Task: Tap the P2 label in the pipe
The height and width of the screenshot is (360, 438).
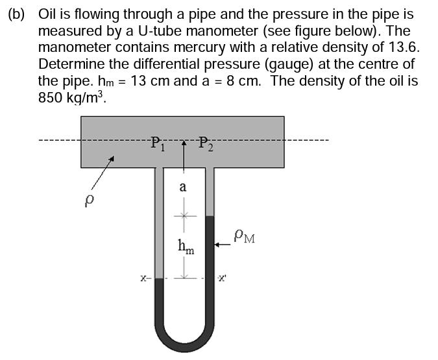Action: (206, 143)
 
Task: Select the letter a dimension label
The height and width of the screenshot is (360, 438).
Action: (184, 187)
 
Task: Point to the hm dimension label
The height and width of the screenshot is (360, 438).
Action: (184, 246)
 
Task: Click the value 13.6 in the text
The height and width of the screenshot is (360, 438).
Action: (403, 48)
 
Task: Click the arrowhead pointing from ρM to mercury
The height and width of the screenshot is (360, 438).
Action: (218, 244)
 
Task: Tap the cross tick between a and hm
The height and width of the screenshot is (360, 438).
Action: (184, 216)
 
